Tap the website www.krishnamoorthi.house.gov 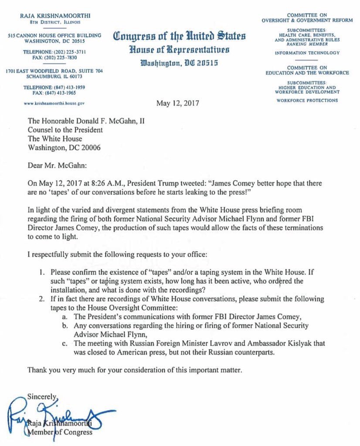click(x=54, y=104)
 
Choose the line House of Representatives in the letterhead click(x=179, y=49)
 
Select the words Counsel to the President click(x=65, y=129)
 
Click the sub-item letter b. click(x=65, y=325)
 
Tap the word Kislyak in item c click(x=278, y=344)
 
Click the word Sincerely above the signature click(x=42, y=397)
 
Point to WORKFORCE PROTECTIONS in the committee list click(x=307, y=100)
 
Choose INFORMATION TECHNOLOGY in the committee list click(x=307, y=53)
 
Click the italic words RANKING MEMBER click(x=307, y=44)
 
